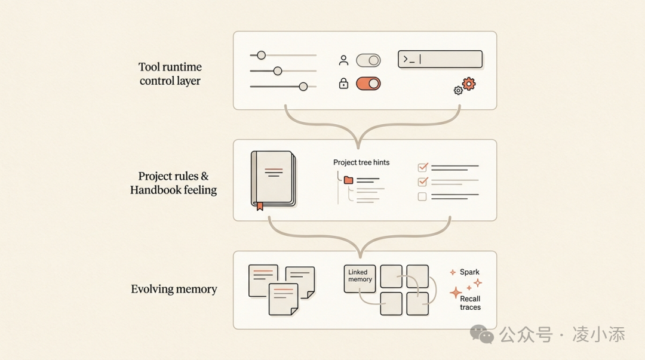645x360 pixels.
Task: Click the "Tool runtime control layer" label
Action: point(170,73)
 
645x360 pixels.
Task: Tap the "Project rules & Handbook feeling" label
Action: point(173,183)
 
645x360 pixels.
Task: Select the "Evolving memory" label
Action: point(174,289)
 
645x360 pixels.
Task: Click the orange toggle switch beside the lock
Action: point(368,84)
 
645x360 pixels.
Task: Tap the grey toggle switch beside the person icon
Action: point(368,60)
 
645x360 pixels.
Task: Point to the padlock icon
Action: point(343,84)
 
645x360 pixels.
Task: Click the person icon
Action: point(343,60)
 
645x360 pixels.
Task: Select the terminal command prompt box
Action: point(440,59)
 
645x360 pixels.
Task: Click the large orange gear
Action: point(469,84)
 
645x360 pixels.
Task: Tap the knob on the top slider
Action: point(261,56)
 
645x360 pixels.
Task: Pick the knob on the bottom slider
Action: point(303,87)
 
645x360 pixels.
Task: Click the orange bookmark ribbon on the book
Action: point(259,206)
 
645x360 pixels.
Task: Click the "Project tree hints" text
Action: point(361,162)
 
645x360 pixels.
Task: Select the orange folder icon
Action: point(349,180)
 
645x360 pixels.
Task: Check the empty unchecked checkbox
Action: point(423,196)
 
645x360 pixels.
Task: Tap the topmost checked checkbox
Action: point(423,167)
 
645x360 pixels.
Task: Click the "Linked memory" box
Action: point(360,279)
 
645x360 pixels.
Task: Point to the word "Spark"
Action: point(469,272)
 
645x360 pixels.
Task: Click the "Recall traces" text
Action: point(470,303)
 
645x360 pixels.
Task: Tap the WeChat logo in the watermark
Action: point(482,334)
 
